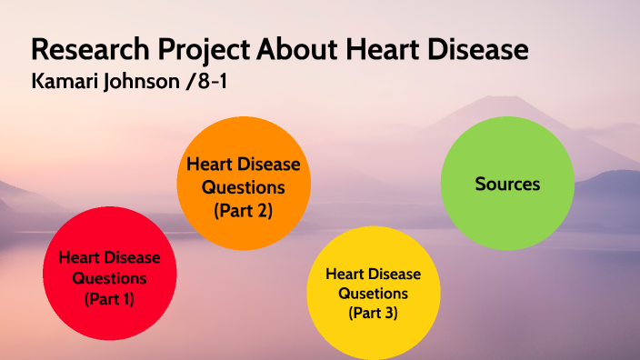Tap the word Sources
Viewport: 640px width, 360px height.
[507, 184]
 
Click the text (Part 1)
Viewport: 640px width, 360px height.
[109, 298]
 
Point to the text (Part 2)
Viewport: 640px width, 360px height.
[243, 210]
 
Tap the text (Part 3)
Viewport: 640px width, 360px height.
[374, 313]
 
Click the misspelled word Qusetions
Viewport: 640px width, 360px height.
[374, 293]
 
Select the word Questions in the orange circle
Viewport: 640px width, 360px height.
[243, 187]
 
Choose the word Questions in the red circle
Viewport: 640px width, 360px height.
[109, 277]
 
